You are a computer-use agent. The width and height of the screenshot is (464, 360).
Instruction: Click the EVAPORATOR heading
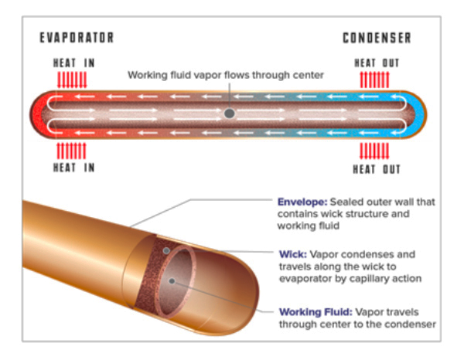77,38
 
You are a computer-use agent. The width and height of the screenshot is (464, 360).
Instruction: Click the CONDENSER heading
377,38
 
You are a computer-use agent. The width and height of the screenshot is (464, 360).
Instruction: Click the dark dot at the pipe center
230,114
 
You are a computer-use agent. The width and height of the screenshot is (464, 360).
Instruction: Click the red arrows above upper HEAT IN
73,79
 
